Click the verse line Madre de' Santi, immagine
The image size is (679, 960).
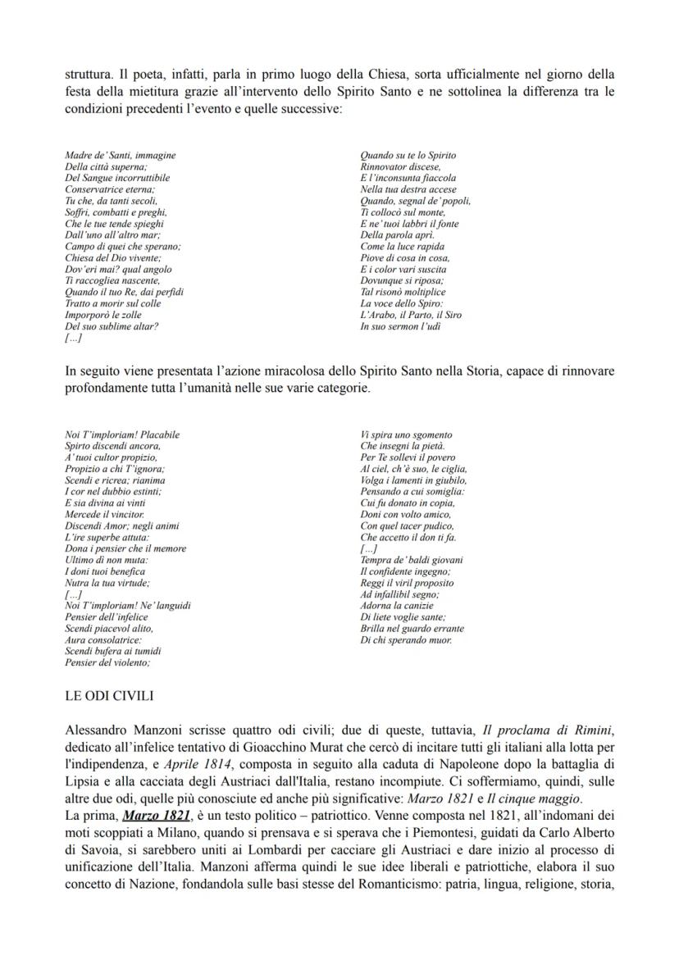pyautogui.click(x=120, y=155)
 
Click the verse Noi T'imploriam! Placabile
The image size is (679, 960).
pyautogui.click(x=122, y=435)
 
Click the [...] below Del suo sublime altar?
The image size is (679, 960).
pyautogui.click(x=72, y=338)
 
